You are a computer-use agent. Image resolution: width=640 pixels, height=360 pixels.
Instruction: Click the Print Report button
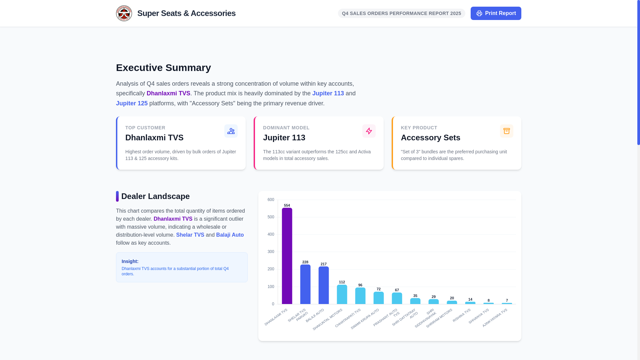click(496, 13)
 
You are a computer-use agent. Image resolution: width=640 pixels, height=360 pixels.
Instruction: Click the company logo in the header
click(124, 13)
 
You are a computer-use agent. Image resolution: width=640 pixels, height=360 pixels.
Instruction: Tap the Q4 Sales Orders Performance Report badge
click(401, 13)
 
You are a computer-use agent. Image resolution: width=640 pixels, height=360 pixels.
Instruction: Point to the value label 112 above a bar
click(342, 282)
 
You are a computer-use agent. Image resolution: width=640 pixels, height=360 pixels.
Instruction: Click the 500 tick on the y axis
click(271, 217)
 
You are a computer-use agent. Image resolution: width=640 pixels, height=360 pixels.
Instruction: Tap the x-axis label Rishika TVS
click(462, 315)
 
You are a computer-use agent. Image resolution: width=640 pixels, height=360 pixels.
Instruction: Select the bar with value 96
click(360, 296)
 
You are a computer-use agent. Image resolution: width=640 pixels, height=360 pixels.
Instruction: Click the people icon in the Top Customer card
click(231, 131)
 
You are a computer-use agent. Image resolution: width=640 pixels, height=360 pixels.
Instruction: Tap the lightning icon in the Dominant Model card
click(369, 131)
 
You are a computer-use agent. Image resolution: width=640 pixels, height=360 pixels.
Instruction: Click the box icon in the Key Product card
click(506, 131)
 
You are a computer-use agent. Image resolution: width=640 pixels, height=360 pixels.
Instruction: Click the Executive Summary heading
click(163, 68)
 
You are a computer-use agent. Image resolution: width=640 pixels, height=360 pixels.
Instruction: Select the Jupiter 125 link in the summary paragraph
click(132, 103)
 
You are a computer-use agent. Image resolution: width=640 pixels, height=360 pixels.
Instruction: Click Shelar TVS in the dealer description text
click(190, 235)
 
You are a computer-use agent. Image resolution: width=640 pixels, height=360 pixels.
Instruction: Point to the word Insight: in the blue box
click(130, 261)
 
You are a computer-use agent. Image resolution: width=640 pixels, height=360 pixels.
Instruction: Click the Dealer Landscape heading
click(155, 196)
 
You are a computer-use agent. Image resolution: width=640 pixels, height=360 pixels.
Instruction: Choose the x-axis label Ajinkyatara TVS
click(495, 318)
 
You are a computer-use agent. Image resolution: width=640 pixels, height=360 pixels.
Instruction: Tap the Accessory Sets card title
click(430, 138)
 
